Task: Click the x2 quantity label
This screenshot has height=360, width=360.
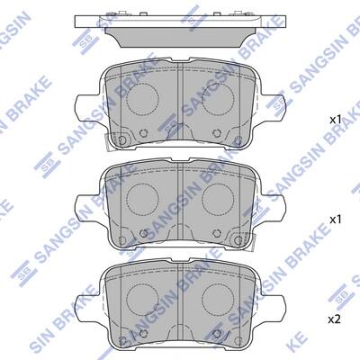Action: tap(335, 320)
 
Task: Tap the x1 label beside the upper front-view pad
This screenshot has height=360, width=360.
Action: tap(336, 121)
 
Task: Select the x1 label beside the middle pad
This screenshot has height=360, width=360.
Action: tap(336, 220)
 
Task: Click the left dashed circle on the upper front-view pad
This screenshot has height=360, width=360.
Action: tap(142, 99)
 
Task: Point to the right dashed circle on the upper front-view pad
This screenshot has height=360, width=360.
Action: tap(218, 99)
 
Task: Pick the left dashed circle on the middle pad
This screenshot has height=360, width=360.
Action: tap(142, 199)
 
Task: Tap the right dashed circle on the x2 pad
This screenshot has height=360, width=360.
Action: tap(218, 299)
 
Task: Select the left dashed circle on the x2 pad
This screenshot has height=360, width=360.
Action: tap(142, 299)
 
